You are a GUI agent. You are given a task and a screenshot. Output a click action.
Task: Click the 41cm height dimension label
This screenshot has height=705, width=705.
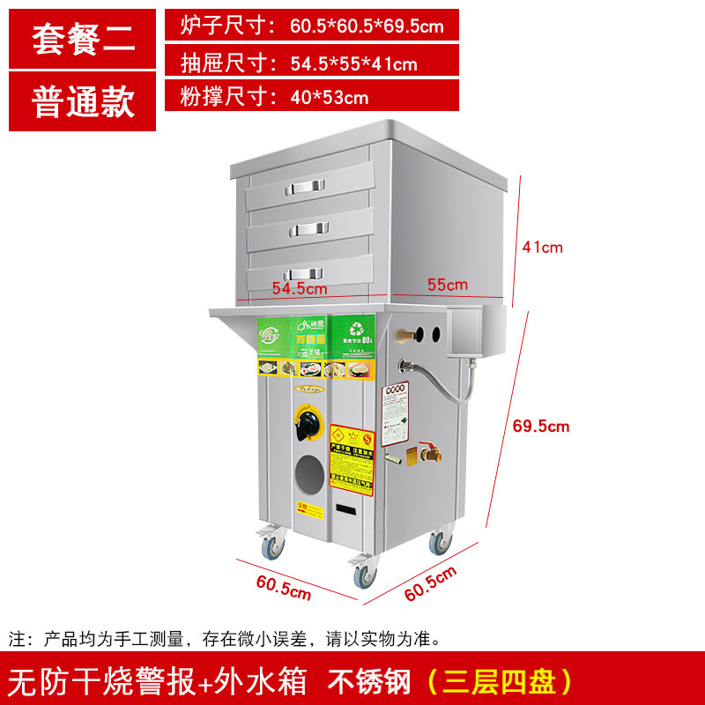click(x=542, y=248)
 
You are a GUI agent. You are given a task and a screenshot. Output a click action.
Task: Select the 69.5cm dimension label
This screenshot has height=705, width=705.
click(x=540, y=427)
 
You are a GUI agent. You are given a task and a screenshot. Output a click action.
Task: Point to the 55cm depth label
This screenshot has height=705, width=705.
click(x=448, y=285)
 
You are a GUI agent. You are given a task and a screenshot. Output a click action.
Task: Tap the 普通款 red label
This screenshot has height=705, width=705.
click(x=84, y=102)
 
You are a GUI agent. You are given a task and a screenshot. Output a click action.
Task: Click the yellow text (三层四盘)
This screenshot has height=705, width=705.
click(x=499, y=681)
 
